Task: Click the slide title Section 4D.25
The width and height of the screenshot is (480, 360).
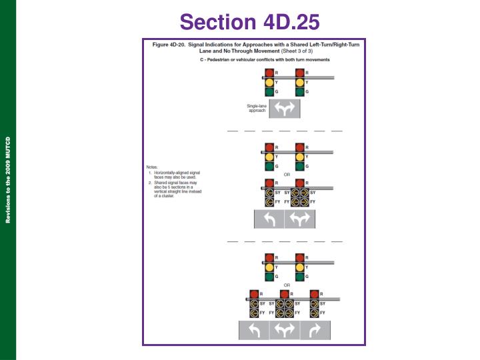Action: point(249,22)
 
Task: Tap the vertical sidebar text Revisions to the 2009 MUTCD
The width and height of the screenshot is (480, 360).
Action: point(8,180)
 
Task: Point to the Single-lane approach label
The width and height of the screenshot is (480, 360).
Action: point(257,108)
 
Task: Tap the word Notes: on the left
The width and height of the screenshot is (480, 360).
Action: point(153,167)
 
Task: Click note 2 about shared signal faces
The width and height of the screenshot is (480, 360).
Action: point(176,189)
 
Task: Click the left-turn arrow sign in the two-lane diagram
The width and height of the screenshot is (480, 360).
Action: point(269,219)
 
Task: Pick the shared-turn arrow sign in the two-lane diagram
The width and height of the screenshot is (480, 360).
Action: point(300,219)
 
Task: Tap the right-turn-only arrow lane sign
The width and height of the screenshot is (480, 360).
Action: point(315,329)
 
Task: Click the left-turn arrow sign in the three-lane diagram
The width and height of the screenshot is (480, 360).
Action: point(254,329)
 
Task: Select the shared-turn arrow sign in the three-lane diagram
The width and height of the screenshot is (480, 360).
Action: point(285,329)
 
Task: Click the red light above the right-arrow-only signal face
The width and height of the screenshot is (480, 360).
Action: point(315,294)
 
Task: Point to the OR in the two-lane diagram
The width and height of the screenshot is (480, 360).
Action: point(287,175)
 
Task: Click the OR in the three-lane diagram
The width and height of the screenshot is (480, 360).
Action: point(287,285)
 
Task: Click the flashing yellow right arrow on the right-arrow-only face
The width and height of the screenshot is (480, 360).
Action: point(315,313)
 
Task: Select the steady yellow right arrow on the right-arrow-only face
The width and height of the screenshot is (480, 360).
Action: point(315,303)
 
